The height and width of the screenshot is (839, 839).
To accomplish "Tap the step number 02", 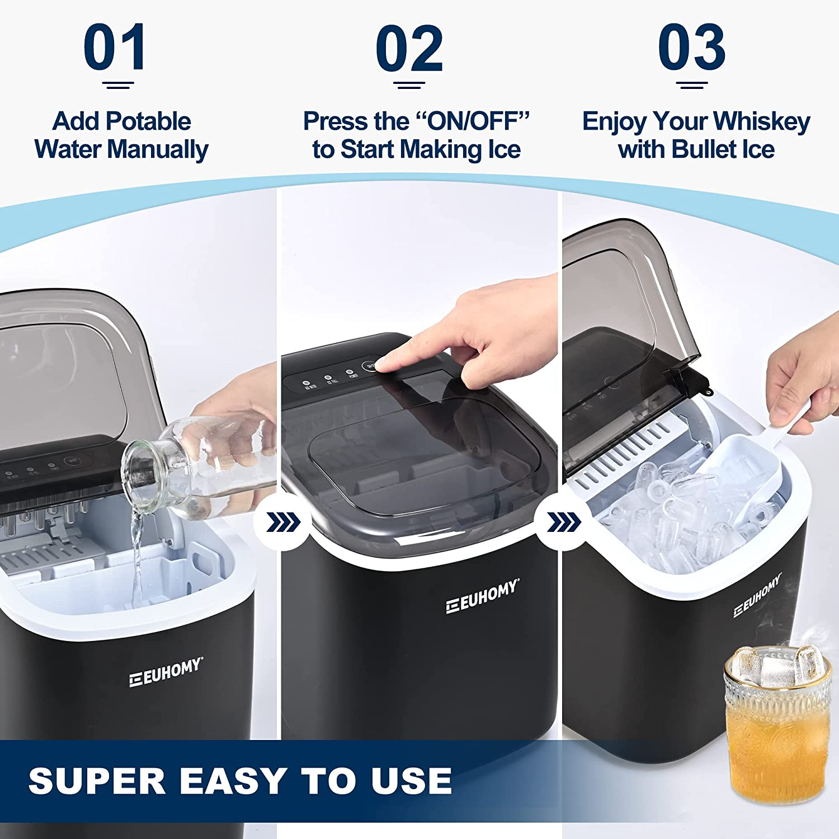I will (409, 48).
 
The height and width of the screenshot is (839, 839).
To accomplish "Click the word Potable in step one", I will (148, 121).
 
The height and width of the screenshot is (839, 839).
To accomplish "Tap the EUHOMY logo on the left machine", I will (166, 672).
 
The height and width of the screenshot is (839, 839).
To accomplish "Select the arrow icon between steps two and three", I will (563, 523).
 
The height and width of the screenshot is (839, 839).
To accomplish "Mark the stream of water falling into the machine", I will (136, 559).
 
